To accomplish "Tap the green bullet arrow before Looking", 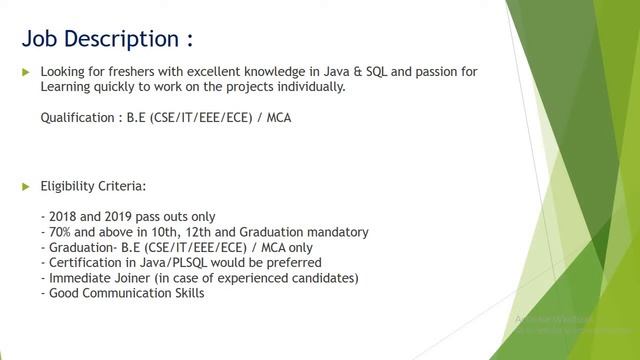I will [26, 73].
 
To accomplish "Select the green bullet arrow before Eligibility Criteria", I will [26, 187].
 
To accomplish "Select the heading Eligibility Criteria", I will [93, 187].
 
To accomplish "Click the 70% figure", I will [62, 232].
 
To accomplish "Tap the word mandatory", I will [335, 232].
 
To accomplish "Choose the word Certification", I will [87, 262].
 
